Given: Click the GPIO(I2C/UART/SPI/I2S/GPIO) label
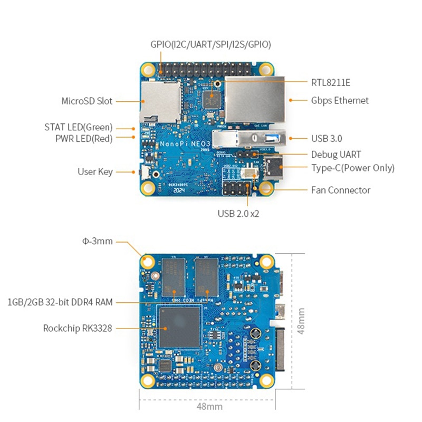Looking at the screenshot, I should tap(210, 45).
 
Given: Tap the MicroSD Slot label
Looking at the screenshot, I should tap(87, 101).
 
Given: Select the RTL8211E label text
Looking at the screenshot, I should tap(331, 82).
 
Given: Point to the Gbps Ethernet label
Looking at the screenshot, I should tap(340, 100).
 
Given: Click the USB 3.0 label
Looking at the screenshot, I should tap(327, 139).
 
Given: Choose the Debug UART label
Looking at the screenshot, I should tap(336, 155).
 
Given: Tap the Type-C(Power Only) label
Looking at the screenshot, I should tap(352, 168).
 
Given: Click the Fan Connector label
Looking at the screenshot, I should tap(340, 190).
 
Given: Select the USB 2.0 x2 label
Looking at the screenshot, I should tap(238, 214).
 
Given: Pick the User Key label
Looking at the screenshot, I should tap(95, 171).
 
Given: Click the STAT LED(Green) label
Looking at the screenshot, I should tap(79, 127).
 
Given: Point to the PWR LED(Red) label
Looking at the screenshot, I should tap(84, 138).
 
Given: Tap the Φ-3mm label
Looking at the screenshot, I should tap(98, 242).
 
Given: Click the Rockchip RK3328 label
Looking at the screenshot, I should tap(78, 328).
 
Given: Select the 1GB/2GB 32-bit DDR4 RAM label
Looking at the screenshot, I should tap(60, 302).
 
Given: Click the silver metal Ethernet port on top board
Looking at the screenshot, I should tap(254, 100).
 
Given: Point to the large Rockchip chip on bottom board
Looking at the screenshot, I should tap(179, 326).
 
